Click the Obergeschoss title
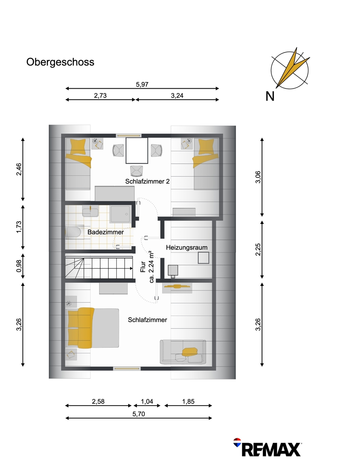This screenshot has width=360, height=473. click(x=60, y=62)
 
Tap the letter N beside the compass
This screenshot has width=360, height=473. click(x=270, y=96)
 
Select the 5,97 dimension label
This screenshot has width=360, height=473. click(x=142, y=84)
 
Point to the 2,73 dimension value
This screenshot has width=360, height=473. click(x=100, y=95)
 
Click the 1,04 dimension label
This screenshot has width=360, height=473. click(x=147, y=401)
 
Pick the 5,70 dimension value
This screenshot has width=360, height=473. click(x=139, y=414)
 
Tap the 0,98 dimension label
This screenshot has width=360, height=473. click(x=19, y=266)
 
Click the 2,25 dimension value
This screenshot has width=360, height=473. click(x=258, y=250)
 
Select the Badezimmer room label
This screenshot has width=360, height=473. click(x=106, y=232)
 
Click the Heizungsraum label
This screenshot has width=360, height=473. click(x=187, y=248)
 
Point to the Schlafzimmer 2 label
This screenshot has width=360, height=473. click(x=147, y=181)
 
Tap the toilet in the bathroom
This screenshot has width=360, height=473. click(x=73, y=232)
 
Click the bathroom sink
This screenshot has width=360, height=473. click(x=90, y=211)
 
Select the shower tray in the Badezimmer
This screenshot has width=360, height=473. click(x=120, y=214)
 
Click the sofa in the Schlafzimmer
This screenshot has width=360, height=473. click(x=183, y=352)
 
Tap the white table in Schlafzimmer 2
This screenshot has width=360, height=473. click(x=137, y=151)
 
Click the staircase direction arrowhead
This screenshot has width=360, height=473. click(x=131, y=268)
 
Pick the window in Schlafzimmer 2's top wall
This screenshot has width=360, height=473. click(x=129, y=136)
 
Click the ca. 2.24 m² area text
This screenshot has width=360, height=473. click(x=151, y=267)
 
